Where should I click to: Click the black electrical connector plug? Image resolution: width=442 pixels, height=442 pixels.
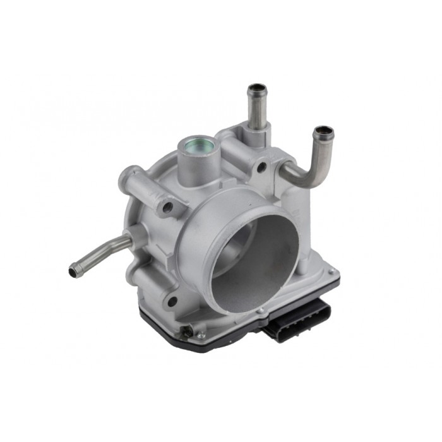pyautogui.click(x=297, y=321)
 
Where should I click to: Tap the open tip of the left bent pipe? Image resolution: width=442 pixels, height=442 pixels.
pyautogui.click(x=75, y=271)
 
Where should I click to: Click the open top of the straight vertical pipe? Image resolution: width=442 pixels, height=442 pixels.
pyautogui.click(x=256, y=88)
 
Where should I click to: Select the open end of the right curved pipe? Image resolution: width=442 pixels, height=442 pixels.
pyautogui.click(x=323, y=133)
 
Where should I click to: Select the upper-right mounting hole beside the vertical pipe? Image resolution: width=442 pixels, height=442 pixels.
pyautogui.click(x=261, y=167)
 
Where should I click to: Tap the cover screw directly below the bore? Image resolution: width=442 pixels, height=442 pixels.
pyautogui.click(x=259, y=311)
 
